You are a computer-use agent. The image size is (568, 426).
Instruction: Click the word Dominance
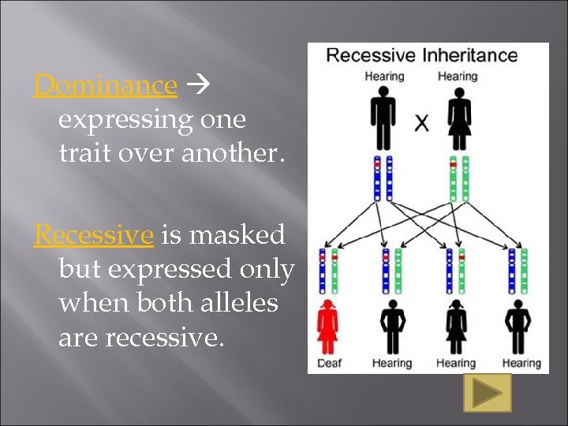tap(105, 84)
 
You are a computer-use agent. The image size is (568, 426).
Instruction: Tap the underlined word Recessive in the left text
tap(93, 234)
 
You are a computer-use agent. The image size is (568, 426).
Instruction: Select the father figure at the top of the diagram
tap(383, 118)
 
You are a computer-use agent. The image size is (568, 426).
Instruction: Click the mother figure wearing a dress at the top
tap(458, 118)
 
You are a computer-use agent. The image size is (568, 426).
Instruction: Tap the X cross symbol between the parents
tap(422, 123)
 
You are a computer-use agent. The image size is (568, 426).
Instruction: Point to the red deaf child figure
tap(327, 327)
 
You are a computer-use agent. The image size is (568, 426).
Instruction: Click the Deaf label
tap(329, 364)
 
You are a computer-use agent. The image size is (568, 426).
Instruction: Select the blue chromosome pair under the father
tap(382, 180)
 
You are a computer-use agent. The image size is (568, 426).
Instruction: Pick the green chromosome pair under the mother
tap(458, 180)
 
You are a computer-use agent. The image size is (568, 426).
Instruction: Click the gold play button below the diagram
tap(487, 392)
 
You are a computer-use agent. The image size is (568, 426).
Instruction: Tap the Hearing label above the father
tap(384, 77)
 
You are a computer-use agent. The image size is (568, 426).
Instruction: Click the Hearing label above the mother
tap(458, 77)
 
